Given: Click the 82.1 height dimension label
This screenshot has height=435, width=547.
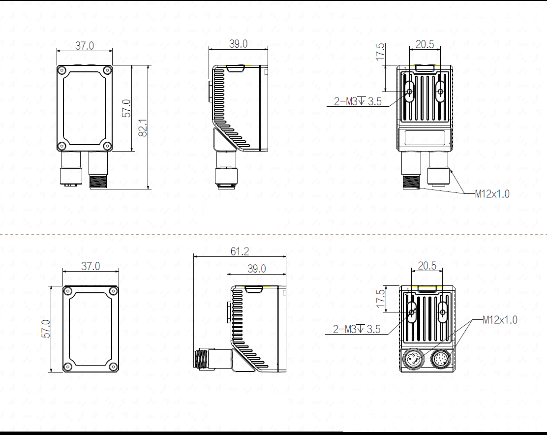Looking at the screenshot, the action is (x=143, y=127).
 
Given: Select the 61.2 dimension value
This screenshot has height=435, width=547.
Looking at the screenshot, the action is (x=240, y=251).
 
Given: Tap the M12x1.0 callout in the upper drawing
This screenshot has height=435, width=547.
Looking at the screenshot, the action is (x=492, y=194).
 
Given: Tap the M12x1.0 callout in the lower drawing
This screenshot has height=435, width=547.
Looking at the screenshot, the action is (x=500, y=320).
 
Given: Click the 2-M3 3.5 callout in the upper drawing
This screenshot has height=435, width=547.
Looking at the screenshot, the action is (x=358, y=101).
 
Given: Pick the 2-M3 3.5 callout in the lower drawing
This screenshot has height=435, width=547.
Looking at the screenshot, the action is (x=357, y=329).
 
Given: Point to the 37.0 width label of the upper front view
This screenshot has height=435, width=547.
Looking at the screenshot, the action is (x=85, y=46).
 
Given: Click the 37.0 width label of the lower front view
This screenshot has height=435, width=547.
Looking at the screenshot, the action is (x=91, y=266).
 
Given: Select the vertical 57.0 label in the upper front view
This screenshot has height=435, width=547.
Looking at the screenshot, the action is (x=126, y=108).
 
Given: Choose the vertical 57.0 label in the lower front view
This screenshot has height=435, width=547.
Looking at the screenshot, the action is (x=46, y=329).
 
